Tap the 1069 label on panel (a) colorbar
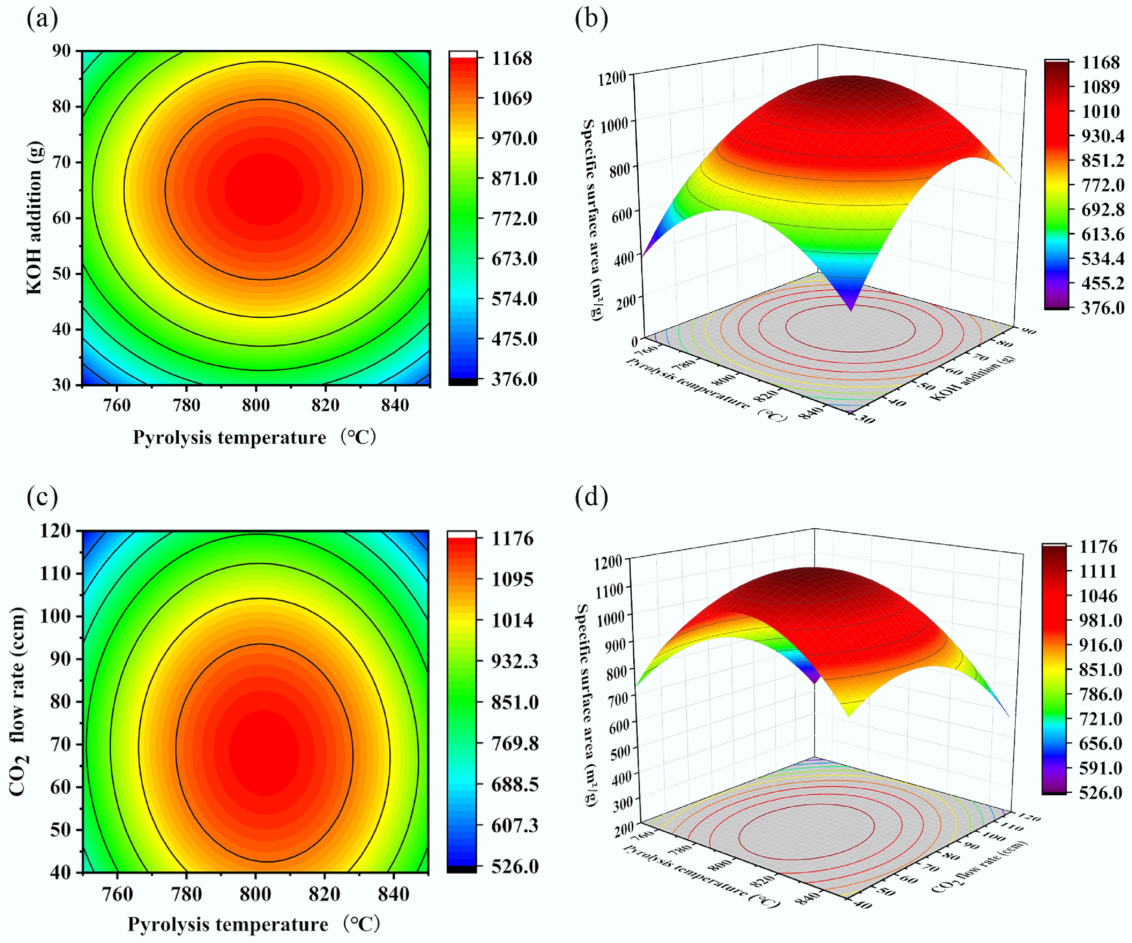[511, 98]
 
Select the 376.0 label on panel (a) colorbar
[514, 379]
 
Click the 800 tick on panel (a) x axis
[255, 405]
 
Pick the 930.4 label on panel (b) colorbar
[1102, 136]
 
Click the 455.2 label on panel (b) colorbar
[1102, 283]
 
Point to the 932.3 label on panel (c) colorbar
[514, 661]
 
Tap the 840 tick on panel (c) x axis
[394, 894]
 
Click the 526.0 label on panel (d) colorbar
[1100, 793]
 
